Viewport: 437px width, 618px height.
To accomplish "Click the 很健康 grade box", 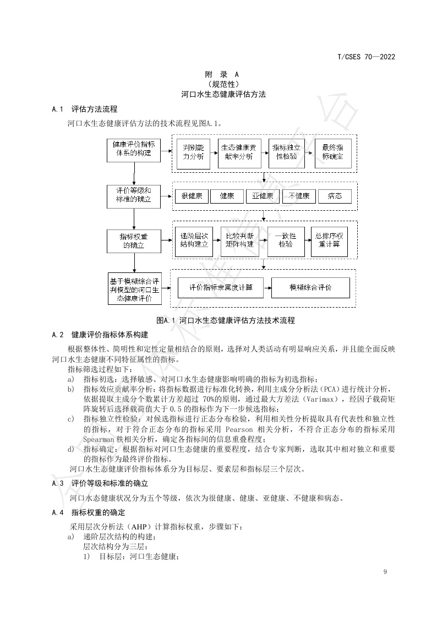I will [192, 196].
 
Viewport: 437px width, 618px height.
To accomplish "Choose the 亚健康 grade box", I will [263, 196].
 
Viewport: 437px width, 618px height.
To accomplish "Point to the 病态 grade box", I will [335, 196].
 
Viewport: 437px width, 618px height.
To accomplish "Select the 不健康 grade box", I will [299, 196].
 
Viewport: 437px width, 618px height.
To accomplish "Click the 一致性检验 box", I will [286, 240].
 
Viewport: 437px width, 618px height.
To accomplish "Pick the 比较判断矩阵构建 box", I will [239, 240].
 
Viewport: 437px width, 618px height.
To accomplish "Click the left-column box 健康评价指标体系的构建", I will [134, 149].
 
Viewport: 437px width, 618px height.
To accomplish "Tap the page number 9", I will [385, 572].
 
